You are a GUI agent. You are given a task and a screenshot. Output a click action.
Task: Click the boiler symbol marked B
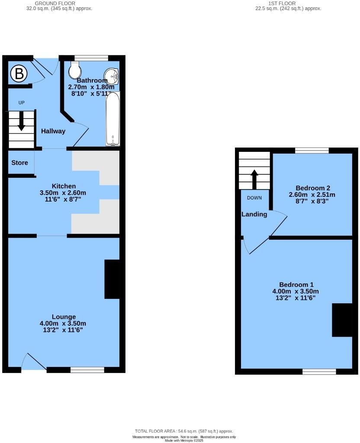coord(19,74)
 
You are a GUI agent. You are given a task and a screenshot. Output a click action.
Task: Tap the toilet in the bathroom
coord(75,68)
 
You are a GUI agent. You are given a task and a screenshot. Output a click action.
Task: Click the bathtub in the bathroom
coord(113,119)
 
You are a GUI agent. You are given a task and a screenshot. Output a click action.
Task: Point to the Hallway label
coord(53,131)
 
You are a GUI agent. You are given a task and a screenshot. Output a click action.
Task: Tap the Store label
coord(19,163)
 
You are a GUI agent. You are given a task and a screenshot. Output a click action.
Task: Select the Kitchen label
coord(64,186)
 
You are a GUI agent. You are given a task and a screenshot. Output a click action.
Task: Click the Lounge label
coord(64,317)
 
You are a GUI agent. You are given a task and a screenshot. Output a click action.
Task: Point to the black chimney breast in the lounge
coord(112,279)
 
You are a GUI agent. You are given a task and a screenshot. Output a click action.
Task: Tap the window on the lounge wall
coord(87,369)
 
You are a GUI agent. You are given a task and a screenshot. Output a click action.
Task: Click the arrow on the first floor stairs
coord(254,179)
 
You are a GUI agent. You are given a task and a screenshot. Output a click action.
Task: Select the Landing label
coord(254,214)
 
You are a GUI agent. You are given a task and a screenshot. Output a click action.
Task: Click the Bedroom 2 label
coord(313,188)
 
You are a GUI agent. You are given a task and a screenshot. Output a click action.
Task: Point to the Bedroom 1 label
coord(296,284)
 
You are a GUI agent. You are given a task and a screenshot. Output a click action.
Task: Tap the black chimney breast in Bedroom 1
coord(342,320)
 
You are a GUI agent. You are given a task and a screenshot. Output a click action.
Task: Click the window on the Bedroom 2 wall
coord(312,150)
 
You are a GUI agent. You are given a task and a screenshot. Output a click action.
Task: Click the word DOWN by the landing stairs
coord(254,198)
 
